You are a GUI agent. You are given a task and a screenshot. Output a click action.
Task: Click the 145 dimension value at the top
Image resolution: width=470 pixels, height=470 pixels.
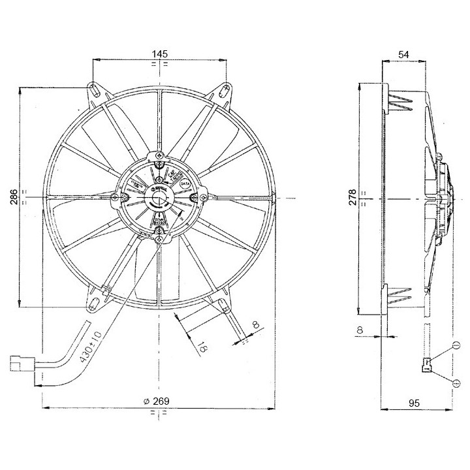[161, 53]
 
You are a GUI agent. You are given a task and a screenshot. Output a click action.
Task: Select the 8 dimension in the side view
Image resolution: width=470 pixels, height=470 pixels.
[360, 330]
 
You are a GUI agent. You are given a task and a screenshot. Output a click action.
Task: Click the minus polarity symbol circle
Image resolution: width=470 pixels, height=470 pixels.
[456, 345]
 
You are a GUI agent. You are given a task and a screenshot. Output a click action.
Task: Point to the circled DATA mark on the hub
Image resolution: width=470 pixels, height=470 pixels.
[184, 184]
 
